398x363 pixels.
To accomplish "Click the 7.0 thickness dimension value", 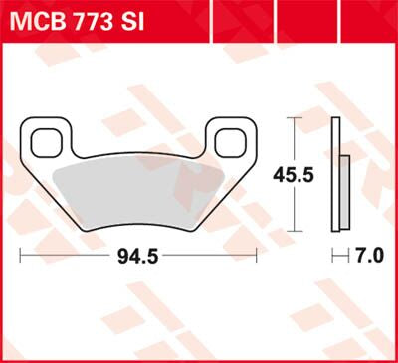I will point(369,256).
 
